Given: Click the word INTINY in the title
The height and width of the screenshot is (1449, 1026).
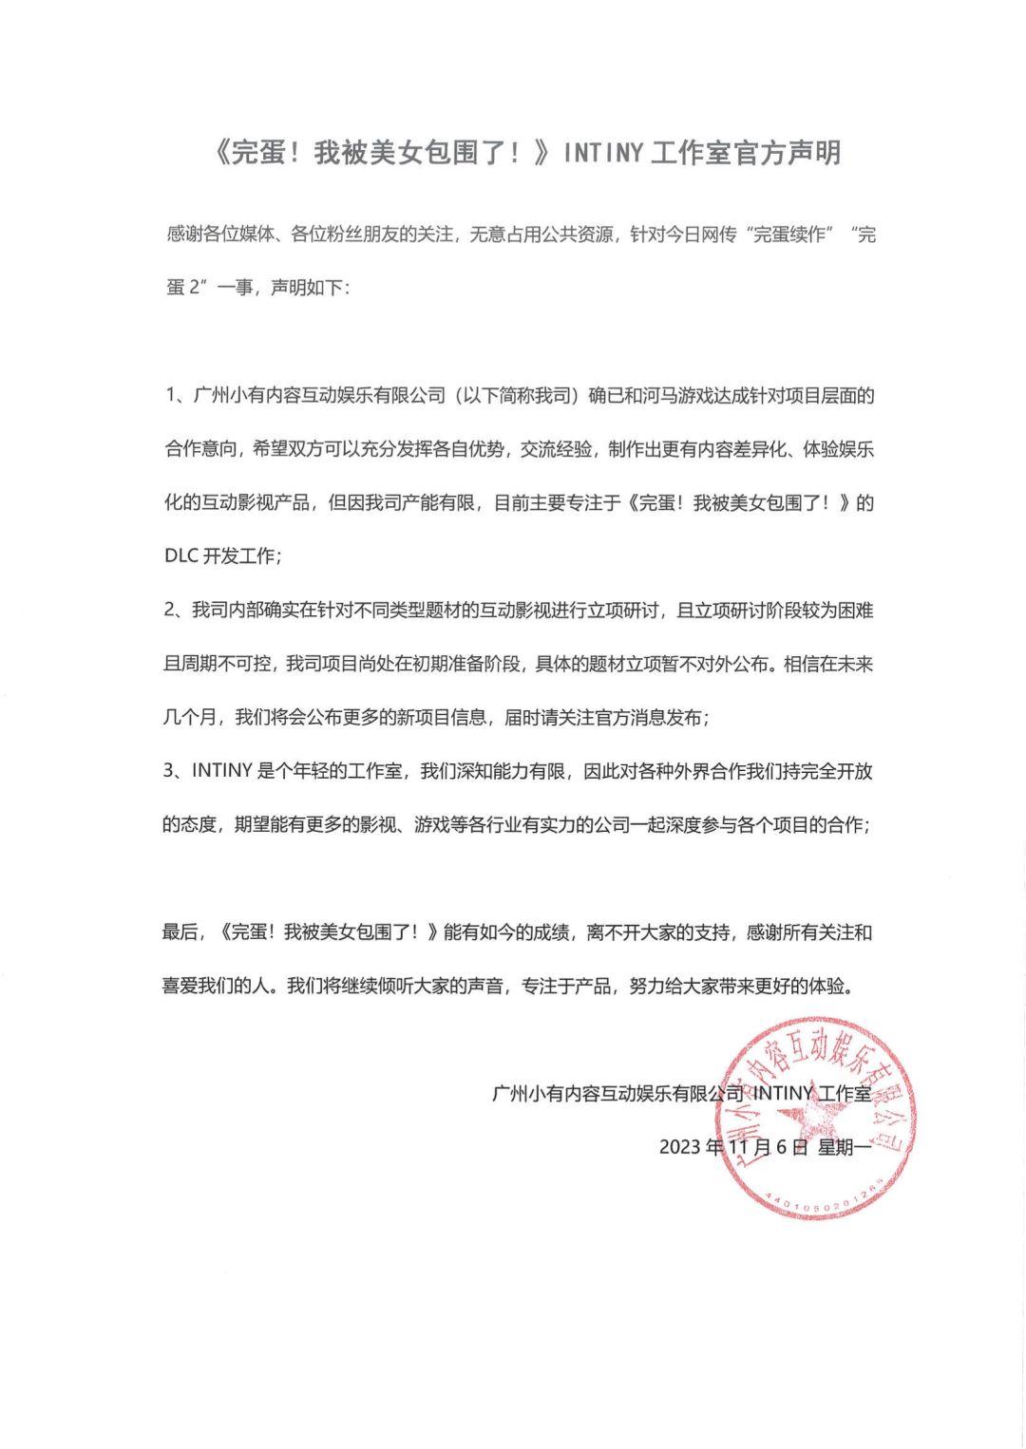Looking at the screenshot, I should (603, 153).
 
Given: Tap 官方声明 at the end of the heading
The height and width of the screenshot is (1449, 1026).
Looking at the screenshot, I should (788, 153).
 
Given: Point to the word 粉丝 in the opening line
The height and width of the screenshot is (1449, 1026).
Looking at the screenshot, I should (350, 234).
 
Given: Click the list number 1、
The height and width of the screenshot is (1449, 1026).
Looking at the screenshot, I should (177, 395).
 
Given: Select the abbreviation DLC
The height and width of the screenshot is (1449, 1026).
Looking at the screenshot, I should (180, 556).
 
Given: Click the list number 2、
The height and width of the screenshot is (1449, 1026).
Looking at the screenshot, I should (177, 611).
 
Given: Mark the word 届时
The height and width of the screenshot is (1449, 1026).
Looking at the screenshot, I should (521, 718).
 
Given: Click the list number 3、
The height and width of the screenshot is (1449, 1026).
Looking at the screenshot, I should (177, 771).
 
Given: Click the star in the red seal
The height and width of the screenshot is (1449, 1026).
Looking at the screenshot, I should (815, 1121).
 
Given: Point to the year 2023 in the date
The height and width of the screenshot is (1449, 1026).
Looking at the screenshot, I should (680, 1147).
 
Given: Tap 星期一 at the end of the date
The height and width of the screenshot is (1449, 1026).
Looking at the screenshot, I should (845, 1147).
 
